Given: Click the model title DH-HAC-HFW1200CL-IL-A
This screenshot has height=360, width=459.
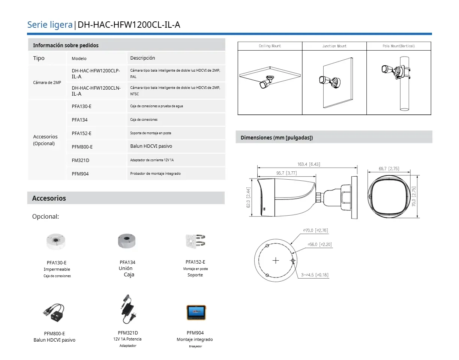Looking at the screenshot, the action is [129, 25].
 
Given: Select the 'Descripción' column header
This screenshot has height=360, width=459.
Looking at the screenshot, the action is [142, 58].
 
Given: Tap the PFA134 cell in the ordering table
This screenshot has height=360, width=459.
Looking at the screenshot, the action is [79, 120].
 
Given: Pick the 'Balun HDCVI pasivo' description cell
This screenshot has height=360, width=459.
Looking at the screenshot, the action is [151, 146].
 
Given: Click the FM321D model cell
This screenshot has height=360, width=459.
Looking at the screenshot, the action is [81, 160].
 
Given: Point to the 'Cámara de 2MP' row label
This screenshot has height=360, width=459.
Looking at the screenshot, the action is [47, 82].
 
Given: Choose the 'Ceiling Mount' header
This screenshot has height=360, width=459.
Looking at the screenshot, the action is [270, 46].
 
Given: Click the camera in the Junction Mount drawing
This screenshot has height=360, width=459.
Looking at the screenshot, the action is [330, 82].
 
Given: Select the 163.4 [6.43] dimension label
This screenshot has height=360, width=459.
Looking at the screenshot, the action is [309, 164].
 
